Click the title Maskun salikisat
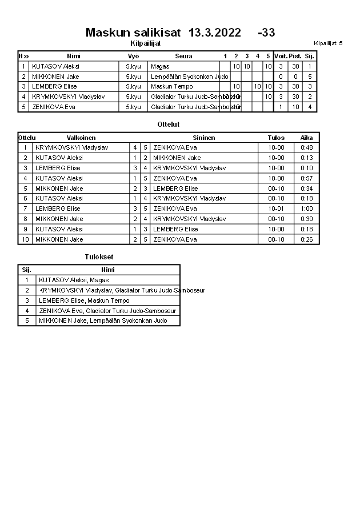coord(133,33)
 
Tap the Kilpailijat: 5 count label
coord(328,43)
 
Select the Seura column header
coord(183,56)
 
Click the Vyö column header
coord(133,56)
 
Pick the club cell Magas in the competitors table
coord(159,66)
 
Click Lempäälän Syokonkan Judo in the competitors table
coord(189,77)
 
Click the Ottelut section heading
coord(169,124)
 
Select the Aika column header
coord(307,138)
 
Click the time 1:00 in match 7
coord(307,209)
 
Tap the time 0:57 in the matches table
coord(307,178)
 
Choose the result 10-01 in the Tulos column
coord(276,209)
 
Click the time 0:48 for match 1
coord(307,147)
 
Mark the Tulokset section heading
coord(99,257)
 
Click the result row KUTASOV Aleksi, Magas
coord(74,280)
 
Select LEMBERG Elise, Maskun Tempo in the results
coord(84,300)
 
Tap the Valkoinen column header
coord(81,138)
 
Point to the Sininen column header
coord(204,138)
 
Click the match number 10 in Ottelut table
coord(25,239)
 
